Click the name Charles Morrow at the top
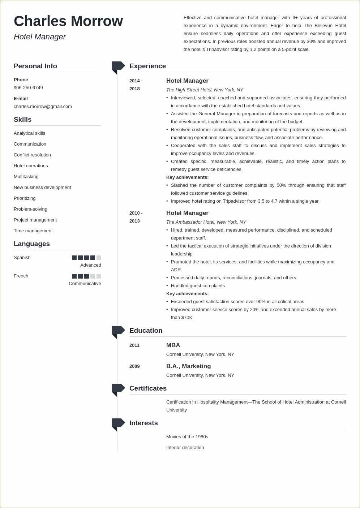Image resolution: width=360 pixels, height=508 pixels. click(x=68, y=21)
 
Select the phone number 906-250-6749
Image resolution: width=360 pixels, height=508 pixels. click(x=28, y=88)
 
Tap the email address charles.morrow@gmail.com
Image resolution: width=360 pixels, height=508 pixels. click(x=43, y=107)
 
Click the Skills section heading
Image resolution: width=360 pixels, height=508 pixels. click(x=23, y=120)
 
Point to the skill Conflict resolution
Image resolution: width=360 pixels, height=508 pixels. click(x=32, y=155)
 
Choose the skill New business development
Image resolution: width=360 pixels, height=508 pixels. click(x=42, y=188)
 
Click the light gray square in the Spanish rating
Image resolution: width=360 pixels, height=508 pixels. click(x=99, y=258)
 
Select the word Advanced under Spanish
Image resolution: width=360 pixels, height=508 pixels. click(x=91, y=265)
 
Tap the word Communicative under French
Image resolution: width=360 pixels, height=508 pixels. click(x=85, y=284)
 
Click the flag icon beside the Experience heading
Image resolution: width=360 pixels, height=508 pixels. click(x=118, y=66)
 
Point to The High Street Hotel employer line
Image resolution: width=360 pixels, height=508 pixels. click(x=205, y=90)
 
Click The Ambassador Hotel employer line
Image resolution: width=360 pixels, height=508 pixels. click(x=206, y=222)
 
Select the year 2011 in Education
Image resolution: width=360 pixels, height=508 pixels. click(x=134, y=345)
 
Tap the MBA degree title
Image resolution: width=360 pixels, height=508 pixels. click(x=173, y=345)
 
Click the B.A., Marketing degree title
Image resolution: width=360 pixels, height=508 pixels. click(x=188, y=366)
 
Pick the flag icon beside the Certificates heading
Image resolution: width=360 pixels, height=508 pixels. click(x=118, y=389)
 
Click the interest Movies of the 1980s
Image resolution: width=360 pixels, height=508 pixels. click(x=187, y=437)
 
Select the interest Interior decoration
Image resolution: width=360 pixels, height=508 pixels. click(x=185, y=448)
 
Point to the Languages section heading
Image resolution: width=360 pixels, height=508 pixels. click(x=32, y=244)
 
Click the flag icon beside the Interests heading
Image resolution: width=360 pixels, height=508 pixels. click(x=118, y=423)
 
